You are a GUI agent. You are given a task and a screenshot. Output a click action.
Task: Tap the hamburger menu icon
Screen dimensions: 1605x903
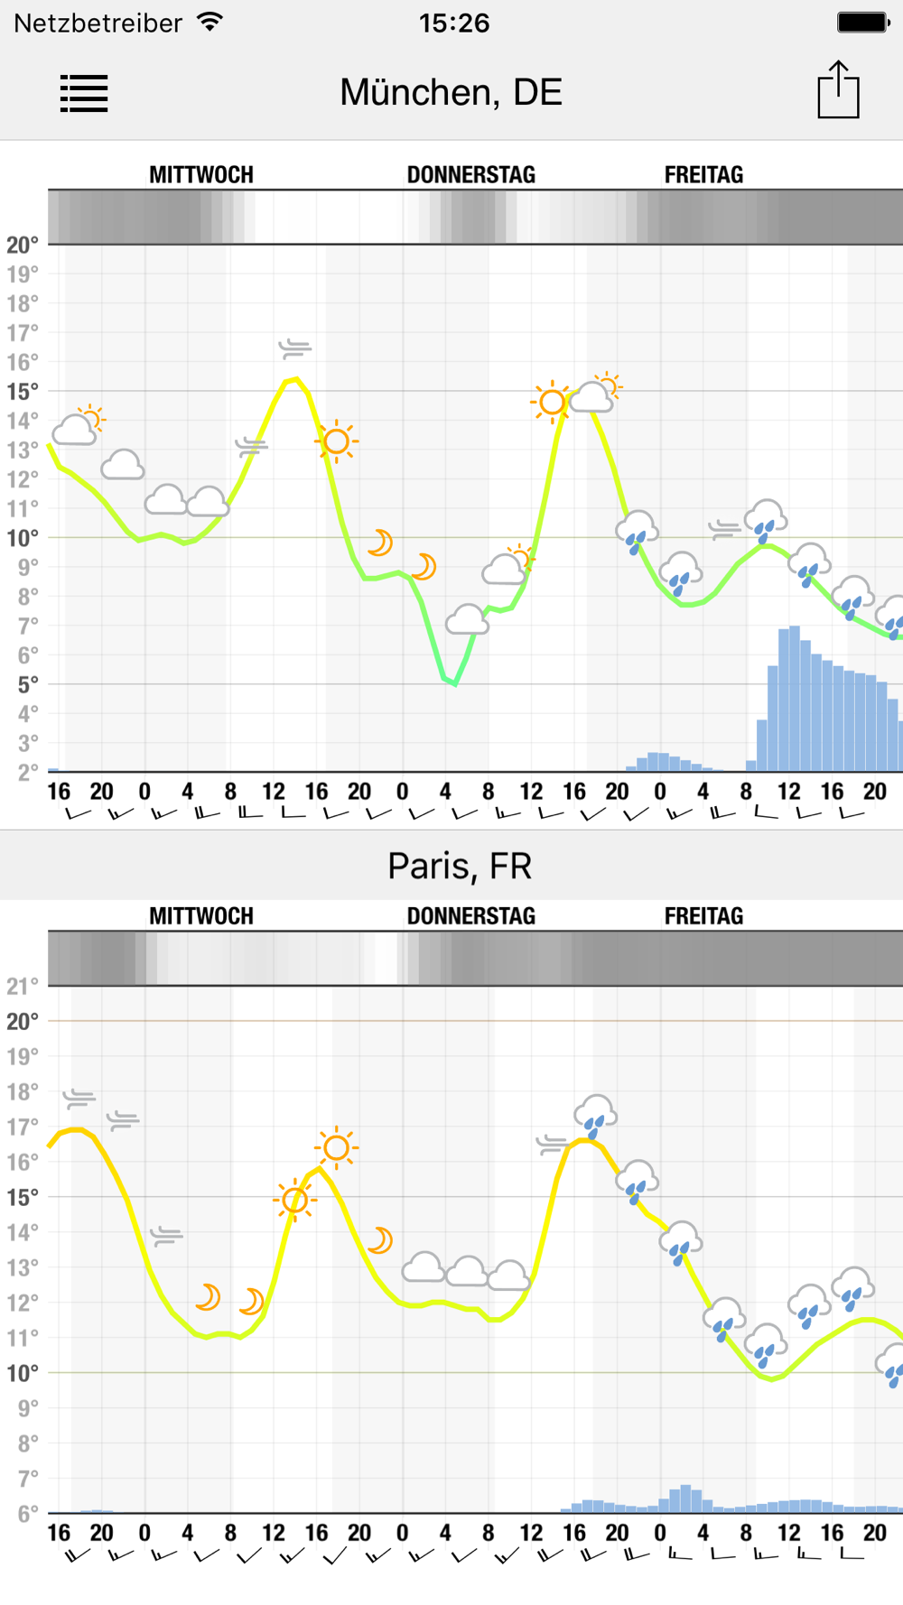pos(84,93)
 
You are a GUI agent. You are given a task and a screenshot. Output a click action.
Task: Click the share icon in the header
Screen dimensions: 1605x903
pos(838,90)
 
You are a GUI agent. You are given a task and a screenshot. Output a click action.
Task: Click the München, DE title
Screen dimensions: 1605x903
pos(451,92)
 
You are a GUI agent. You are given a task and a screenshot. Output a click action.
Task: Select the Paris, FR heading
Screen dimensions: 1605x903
pos(460,866)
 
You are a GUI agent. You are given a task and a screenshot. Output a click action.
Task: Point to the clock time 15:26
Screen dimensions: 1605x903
pos(453,23)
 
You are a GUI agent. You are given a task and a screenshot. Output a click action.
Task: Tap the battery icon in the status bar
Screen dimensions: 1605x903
pos(862,23)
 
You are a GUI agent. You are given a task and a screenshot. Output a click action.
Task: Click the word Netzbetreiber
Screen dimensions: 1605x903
pos(98,23)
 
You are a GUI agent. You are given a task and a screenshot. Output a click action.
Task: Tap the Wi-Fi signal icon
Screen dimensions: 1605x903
pos(210,22)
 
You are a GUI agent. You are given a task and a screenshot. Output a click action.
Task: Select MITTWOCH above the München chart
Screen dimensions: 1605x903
pos(201,174)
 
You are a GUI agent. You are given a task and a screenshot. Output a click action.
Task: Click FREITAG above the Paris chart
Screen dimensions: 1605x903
pos(703,916)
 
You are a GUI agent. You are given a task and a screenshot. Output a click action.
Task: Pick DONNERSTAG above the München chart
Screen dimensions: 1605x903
pos(470,174)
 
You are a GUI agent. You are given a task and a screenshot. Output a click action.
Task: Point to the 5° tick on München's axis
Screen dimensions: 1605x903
pos(23,683)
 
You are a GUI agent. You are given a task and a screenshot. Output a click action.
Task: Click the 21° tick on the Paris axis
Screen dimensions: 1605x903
pos(23,986)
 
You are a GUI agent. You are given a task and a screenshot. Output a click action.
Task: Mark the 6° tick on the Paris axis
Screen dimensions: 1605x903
pos(23,1514)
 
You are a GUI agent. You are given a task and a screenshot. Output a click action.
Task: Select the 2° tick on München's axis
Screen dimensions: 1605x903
pos(23,772)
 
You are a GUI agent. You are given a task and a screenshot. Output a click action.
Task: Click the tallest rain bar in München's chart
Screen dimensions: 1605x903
pos(795,697)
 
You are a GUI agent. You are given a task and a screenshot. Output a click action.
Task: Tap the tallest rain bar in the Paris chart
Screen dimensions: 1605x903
pos(685,1498)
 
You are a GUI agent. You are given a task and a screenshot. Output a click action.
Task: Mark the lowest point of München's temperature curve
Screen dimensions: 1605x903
pos(455,684)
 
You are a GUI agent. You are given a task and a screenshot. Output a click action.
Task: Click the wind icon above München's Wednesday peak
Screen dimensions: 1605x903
pos(294,348)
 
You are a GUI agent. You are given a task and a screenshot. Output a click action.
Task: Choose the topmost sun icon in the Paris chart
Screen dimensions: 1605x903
pos(336,1147)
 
